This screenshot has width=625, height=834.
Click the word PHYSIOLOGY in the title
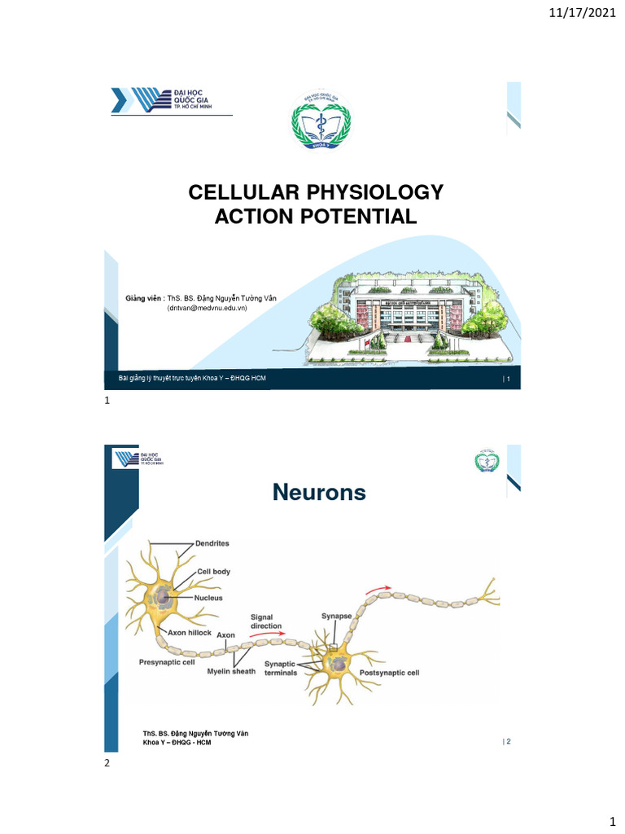click(x=378, y=193)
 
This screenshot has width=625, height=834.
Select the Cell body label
click(x=213, y=572)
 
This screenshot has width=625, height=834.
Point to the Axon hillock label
click(x=189, y=632)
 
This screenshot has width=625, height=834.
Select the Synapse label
click(x=336, y=617)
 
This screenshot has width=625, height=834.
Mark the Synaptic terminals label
click(x=280, y=669)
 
